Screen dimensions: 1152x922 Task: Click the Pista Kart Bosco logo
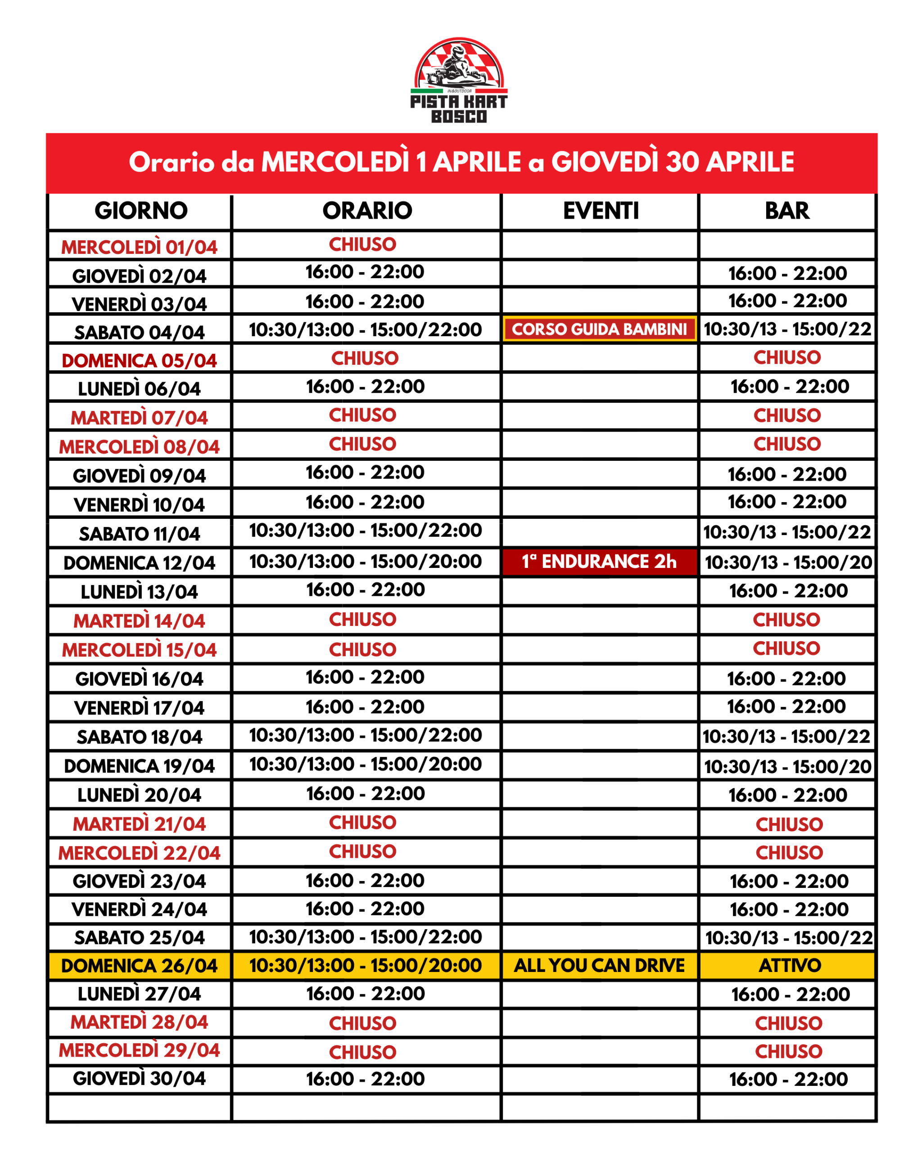tap(459, 80)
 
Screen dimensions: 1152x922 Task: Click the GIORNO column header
tap(140, 211)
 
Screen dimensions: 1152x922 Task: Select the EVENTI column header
tap(600, 211)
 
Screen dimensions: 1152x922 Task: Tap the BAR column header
tap(787, 211)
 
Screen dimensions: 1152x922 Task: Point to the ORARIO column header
tap(366, 211)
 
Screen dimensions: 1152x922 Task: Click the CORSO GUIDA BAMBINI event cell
tap(599, 329)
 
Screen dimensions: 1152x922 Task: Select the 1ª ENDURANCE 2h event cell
tap(599, 562)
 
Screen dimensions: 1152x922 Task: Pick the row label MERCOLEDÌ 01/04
tap(139, 247)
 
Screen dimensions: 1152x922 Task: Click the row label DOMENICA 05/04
tap(139, 360)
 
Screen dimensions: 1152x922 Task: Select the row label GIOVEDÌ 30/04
tap(139, 1078)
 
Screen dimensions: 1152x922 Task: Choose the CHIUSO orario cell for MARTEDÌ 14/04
tap(362, 620)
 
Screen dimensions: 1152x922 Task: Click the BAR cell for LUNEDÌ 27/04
tap(790, 994)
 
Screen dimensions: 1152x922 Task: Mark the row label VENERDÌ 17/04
tap(139, 708)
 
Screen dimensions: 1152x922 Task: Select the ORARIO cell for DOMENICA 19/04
tap(365, 764)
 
